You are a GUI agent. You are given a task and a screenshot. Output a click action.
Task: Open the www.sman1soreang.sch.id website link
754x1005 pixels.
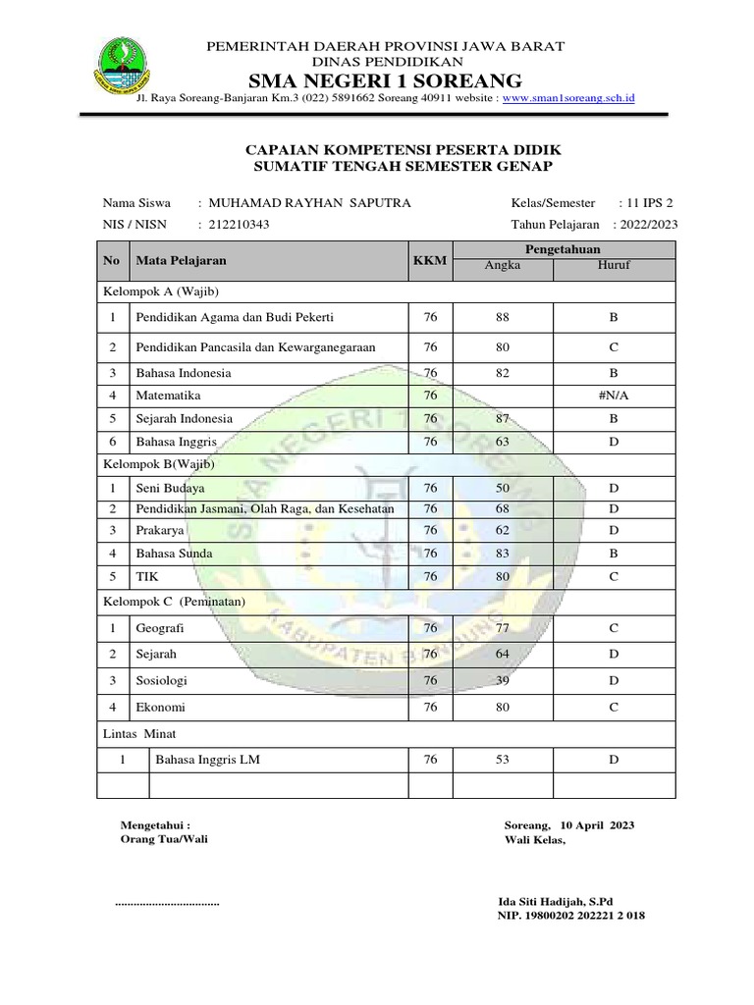pyautogui.click(x=569, y=98)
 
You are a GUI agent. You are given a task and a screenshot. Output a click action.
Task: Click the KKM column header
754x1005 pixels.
pyautogui.click(x=429, y=260)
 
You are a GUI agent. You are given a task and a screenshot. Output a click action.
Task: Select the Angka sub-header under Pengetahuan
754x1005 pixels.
pyautogui.click(x=503, y=265)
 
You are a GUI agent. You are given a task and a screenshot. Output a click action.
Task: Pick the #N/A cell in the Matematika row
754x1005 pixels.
pyautogui.click(x=613, y=396)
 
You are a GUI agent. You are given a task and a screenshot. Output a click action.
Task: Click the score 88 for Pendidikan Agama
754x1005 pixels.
pyautogui.click(x=503, y=318)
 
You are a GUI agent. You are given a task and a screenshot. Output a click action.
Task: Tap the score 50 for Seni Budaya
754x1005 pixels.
pyautogui.click(x=503, y=488)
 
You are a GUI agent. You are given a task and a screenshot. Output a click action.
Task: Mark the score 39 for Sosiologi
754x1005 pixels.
pyautogui.click(x=503, y=680)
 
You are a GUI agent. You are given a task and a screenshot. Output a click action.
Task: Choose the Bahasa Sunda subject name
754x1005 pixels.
pyautogui.click(x=174, y=554)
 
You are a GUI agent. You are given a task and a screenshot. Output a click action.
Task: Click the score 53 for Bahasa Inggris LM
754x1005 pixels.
pyautogui.click(x=503, y=760)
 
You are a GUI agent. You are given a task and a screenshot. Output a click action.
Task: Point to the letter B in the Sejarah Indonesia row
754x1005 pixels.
pyautogui.click(x=613, y=419)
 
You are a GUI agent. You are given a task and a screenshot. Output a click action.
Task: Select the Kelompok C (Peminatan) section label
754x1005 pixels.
pyautogui.click(x=174, y=601)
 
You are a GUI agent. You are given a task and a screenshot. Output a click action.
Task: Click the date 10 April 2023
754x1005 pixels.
pyautogui.click(x=597, y=825)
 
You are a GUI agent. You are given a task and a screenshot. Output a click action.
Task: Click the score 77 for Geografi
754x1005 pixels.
pyautogui.click(x=503, y=628)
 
